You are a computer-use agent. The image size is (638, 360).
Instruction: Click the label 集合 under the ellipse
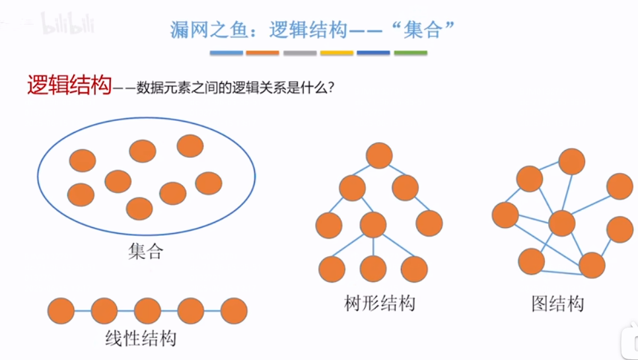[x=145, y=251]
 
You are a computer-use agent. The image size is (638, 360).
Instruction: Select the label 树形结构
[x=380, y=303]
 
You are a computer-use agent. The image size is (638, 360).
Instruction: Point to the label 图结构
[x=558, y=304]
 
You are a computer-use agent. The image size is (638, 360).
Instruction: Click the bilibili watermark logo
[x=68, y=25]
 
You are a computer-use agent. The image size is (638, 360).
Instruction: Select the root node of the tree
[x=379, y=156]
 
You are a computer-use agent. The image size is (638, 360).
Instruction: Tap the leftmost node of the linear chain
[x=61, y=310]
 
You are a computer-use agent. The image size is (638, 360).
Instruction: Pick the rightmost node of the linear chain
[x=234, y=310]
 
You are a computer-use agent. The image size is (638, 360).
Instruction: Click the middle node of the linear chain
[x=147, y=310]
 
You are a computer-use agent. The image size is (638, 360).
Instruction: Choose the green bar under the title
[x=410, y=53]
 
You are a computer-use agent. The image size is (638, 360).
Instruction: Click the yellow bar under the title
[x=337, y=53]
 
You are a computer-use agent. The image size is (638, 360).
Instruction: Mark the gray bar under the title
[x=300, y=53]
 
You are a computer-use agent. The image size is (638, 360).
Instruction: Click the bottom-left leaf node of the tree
[x=332, y=270]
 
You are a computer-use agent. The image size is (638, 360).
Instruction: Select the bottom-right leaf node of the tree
[x=414, y=270]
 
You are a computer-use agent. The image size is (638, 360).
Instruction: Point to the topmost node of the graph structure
[x=571, y=161]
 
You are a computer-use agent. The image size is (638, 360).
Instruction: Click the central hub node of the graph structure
[x=562, y=223]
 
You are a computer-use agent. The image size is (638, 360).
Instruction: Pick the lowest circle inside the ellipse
[x=139, y=208]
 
